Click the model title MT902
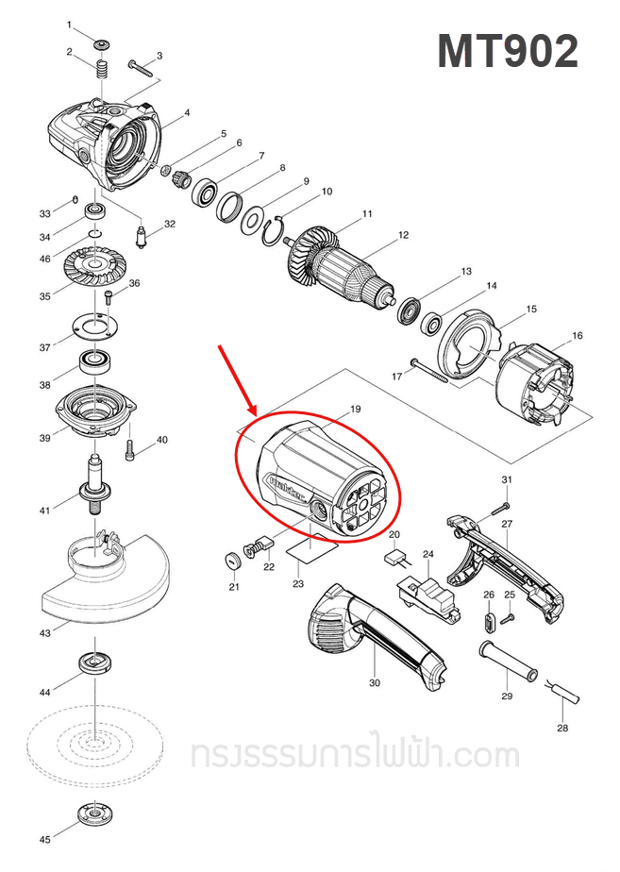coord(508,52)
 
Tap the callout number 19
coord(355,410)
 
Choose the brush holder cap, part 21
coord(232,562)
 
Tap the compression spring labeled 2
coord(103,70)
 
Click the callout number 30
coord(375,682)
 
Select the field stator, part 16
coord(534,387)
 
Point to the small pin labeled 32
coord(142,238)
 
